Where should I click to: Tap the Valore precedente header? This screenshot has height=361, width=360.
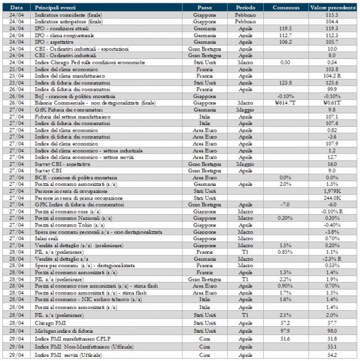pos(333,6)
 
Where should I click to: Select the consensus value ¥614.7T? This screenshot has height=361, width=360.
pos(286,103)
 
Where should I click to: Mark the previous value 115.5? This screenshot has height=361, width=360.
pos(333,13)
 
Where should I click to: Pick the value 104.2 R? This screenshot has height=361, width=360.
pos(333,76)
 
